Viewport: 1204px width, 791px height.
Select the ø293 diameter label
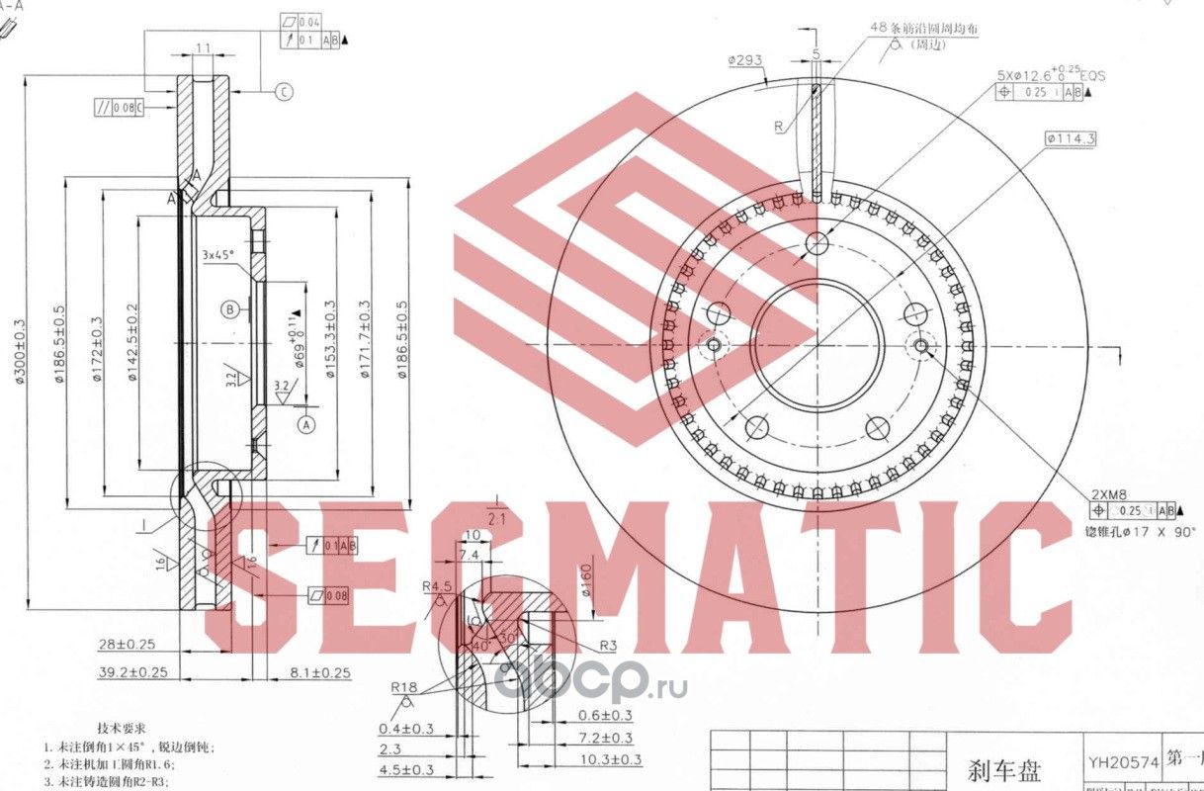[744, 60]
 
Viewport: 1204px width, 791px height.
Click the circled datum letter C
[283, 92]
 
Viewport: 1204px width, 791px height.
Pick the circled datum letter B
[229, 309]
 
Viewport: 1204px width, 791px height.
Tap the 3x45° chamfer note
[217, 255]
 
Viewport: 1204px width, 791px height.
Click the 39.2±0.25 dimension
[132, 671]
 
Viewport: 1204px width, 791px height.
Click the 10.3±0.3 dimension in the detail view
[609, 759]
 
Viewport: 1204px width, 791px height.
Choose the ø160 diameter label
[585, 581]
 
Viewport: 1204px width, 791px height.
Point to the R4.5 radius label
[434, 586]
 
